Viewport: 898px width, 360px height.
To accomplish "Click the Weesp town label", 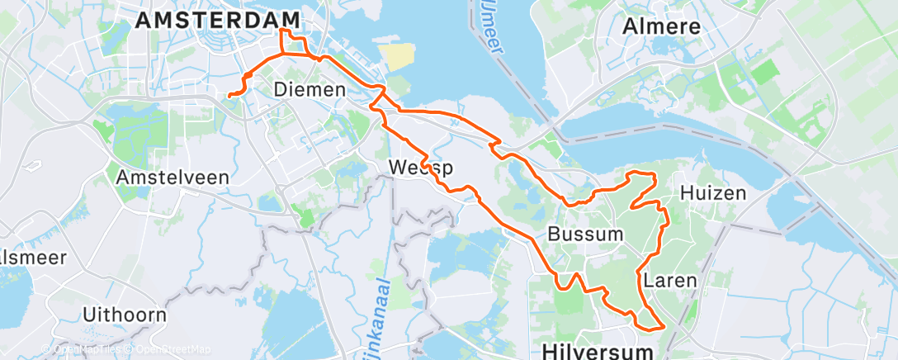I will [422, 168].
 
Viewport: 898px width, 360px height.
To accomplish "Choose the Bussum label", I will [586, 234].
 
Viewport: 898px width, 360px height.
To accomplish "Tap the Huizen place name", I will [713, 194].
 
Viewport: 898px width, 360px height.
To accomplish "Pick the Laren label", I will [669, 280].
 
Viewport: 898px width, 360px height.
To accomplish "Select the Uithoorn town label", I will [125, 315].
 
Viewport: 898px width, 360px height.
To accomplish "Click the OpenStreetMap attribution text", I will [169, 349].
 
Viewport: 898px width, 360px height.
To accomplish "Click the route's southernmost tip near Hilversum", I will [662, 328].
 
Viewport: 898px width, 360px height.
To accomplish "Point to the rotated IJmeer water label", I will [486, 29].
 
